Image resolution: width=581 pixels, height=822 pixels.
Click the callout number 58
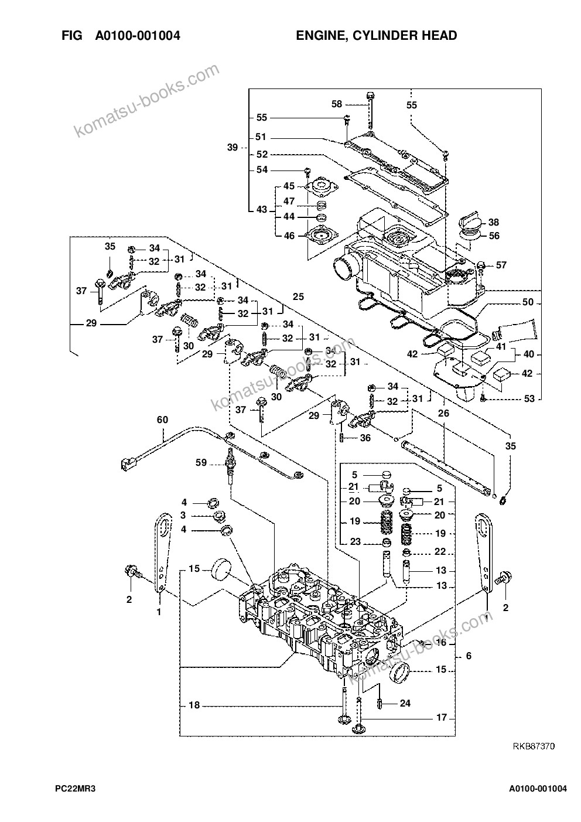point(336,104)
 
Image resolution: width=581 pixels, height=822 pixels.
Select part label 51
point(261,137)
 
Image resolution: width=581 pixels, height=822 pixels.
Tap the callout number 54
point(262,170)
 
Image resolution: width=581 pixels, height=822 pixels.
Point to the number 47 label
point(289,202)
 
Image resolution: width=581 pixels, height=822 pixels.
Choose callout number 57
point(501,265)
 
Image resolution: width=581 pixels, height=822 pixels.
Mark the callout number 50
point(528,302)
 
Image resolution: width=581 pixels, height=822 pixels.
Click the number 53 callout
point(529,398)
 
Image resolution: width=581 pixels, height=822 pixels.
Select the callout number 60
point(162,419)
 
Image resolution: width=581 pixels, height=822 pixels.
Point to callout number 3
point(183,516)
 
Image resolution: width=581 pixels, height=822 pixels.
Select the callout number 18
point(194,705)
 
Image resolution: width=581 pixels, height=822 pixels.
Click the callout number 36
point(365,438)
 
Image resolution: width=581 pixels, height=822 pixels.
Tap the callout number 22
point(440,551)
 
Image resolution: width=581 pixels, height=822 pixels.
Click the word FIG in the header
point(72,36)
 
